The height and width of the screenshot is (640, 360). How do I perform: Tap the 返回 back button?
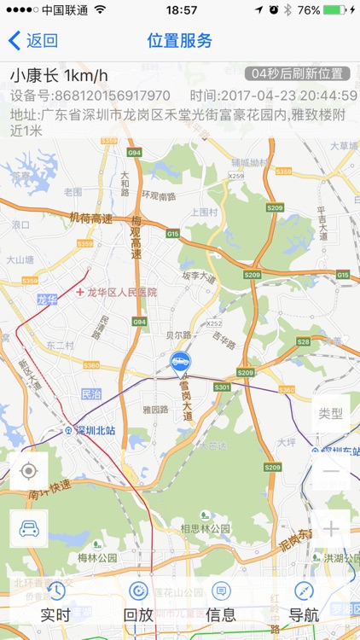pyautogui.click(x=33, y=40)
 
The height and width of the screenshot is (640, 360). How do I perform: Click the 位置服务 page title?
pyautogui.click(x=180, y=40)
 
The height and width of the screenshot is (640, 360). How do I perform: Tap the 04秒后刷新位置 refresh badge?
pyautogui.click(x=297, y=74)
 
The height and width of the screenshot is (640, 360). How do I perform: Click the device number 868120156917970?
pyautogui.click(x=111, y=96)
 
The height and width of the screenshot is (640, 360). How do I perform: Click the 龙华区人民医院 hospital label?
pyautogui.click(x=122, y=292)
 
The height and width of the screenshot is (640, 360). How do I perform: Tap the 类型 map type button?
pyautogui.click(x=330, y=414)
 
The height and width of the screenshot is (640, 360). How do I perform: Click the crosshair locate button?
pyautogui.click(x=29, y=470)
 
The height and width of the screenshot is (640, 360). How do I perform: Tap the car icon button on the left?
pyautogui.click(x=29, y=528)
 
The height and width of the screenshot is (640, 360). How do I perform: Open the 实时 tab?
pyautogui.click(x=56, y=602)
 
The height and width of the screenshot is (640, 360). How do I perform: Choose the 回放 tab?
pyautogui.click(x=138, y=602)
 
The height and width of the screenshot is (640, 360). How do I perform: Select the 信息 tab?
pyautogui.click(x=221, y=602)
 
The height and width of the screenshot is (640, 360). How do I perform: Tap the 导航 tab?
pyautogui.click(x=304, y=602)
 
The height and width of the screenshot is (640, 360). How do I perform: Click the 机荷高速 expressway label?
pyautogui.click(x=90, y=218)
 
